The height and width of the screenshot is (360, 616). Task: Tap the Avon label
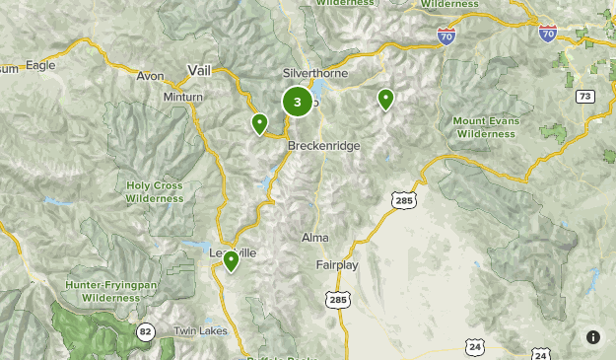(x=150, y=76)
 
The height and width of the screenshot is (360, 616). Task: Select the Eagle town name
(x=40, y=65)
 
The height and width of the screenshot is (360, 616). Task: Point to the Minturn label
(x=183, y=97)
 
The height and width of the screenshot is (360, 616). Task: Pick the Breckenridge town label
(x=324, y=145)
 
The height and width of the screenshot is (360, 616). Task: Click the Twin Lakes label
(x=199, y=330)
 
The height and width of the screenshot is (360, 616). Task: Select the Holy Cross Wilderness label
(x=155, y=191)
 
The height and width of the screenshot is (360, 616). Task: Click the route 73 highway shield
(x=586, y=96)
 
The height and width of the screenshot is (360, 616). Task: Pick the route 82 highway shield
(x=146, y=330)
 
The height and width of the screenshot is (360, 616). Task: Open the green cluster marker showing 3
(x=298, y=102)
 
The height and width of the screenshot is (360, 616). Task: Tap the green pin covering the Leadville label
(x=231, y=261)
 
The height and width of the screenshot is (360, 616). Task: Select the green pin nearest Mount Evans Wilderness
(x=386, y=99)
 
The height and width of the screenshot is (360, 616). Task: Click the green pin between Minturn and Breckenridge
(x=259, y=123)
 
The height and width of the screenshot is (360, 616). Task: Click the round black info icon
(x=593, y=337)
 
